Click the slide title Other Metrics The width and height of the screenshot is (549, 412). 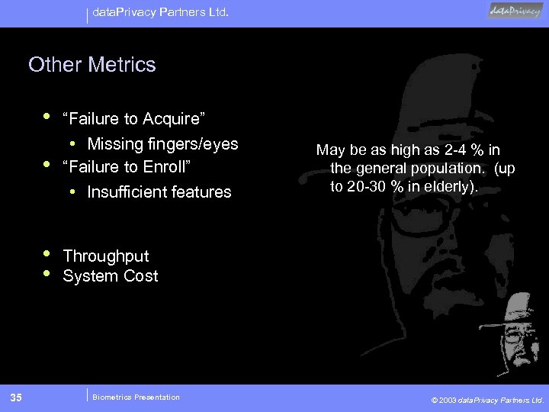coord(91,65)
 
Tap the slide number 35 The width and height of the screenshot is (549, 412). coord(17,397)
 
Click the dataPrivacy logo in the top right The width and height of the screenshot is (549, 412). coord(516,11)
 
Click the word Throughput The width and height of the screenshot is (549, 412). coord(105,256)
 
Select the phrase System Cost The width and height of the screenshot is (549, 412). coord(110,276)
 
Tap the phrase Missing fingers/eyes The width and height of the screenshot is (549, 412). coord(162,144)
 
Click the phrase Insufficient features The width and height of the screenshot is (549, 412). coord(159,192)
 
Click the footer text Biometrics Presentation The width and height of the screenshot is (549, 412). coord(136,397)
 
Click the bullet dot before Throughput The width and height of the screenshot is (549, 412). coord(47,253)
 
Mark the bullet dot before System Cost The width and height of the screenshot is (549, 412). coord(47,273)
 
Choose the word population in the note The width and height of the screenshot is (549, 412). coord(434,168)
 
